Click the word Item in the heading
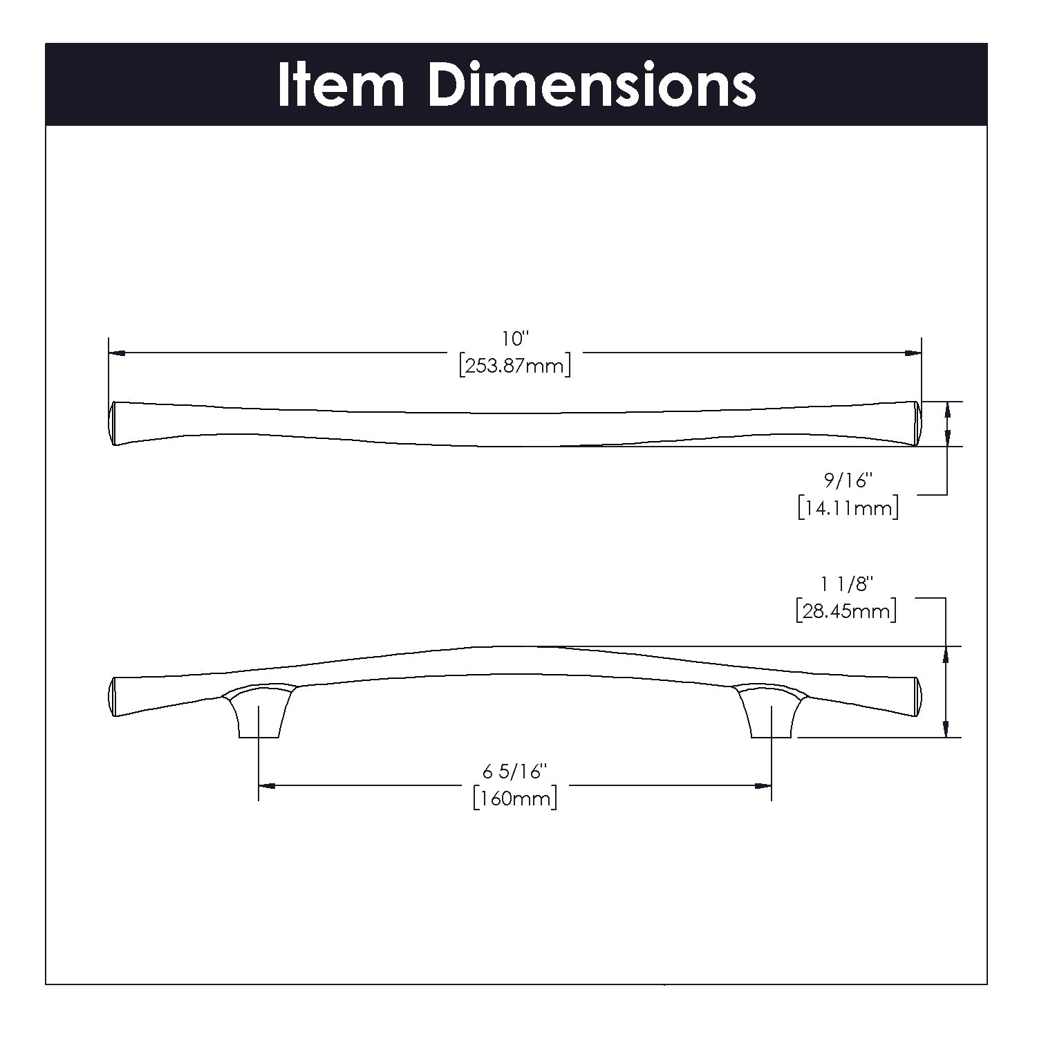click(x=340, y=86)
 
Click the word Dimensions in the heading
click(x=592, y=86)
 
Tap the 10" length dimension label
click(x=515, y=339)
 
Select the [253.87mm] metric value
click(x=515, y=366)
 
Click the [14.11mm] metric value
click(x=848, y=509)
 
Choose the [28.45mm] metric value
click(x=846, y=611)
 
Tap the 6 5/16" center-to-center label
click(x=515, y=770)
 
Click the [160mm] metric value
click(x=515, y=798)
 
